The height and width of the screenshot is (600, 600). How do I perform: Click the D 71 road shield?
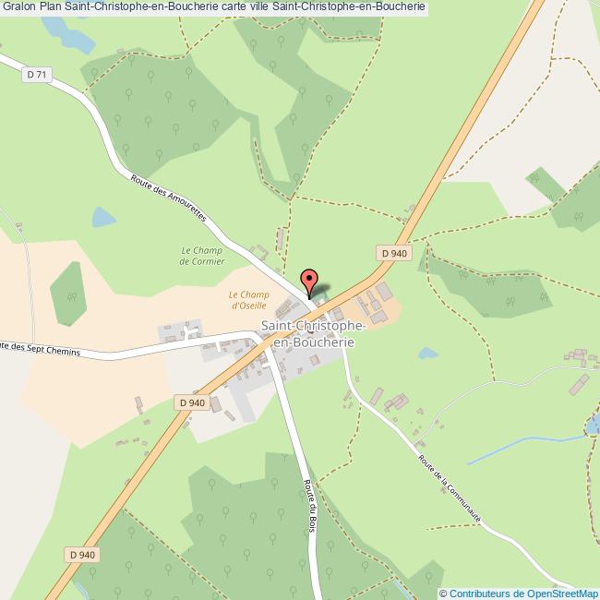pyautogui.click(x=37, y=75)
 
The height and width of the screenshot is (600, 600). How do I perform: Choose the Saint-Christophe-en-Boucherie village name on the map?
pyautogui.click(x=314, y=333)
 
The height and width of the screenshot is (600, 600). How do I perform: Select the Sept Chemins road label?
pyautogui.click(x=41, y=351)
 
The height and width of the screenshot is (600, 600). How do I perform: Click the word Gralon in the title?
pyautogui.click(x=18, y=6)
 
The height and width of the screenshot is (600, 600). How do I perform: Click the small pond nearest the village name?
pyautogui.click(x=427, y=353)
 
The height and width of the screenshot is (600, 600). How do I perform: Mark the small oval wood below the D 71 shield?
pyautogui.click(x=67, y=293)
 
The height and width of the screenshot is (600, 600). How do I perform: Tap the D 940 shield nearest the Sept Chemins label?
pyautogui.click(x=191, y=402)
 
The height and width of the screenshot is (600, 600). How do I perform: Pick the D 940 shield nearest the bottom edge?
pyautogui.click(x=82, y=554)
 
